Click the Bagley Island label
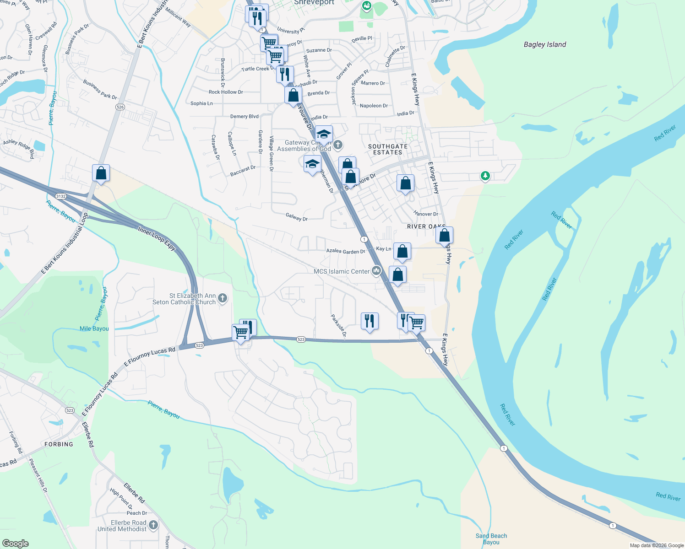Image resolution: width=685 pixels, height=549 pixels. [x=544, y=44]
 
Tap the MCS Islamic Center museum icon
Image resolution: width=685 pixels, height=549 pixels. [x=376, y=271]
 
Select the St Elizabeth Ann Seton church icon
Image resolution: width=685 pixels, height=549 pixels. [x=223, y=299]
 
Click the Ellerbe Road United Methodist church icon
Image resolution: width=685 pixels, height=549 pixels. [x=153, y=525]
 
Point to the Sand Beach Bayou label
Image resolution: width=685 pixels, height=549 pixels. [x=491, y=539]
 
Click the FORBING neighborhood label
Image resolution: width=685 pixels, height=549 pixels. [x=59, y=444]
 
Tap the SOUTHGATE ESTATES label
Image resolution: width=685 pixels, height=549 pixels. [x=387, y=149]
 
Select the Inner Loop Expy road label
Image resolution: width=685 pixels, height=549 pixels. [x=157, y=238]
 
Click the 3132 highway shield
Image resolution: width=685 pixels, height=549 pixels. [x=61, y=196]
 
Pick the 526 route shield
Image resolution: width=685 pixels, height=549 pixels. [x=120, y=107]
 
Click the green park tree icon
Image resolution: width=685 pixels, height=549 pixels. [x=485, y=176]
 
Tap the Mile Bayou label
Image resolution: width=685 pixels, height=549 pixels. [x=94, y=328]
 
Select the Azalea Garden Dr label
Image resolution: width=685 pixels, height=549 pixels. [x=346, y=251]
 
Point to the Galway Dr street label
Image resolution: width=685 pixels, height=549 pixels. [x=297, y=217]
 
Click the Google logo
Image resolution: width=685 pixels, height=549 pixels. [x=16, y=543]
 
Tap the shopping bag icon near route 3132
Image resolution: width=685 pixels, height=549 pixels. [x=101, y=173]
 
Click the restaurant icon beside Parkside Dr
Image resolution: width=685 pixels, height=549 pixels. [x=370, y=321]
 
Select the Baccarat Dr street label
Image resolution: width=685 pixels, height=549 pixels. [x=243, y=171]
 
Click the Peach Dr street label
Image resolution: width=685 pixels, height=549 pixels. [x=137, y=513]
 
